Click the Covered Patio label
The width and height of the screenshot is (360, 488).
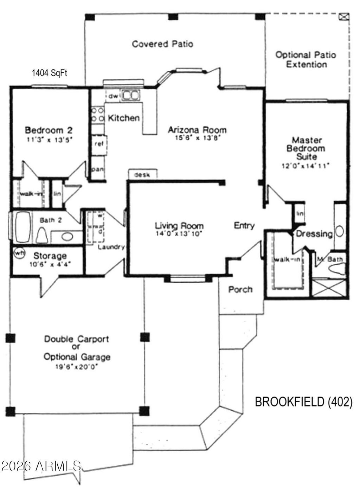[162, 44]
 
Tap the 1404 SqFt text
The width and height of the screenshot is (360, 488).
[50, 73]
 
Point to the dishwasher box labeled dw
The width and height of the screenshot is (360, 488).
[113, 96]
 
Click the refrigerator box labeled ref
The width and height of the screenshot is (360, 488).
[99, 143]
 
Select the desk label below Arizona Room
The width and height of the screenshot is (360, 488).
[142, 174]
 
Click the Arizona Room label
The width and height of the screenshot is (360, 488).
[197, 130]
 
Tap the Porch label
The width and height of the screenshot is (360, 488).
[240, 289]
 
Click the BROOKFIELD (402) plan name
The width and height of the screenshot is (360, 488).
[303, 402]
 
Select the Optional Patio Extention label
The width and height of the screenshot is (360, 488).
[306, 60]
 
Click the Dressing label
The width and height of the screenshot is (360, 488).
[314, 234]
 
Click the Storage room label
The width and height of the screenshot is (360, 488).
[50, 256]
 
